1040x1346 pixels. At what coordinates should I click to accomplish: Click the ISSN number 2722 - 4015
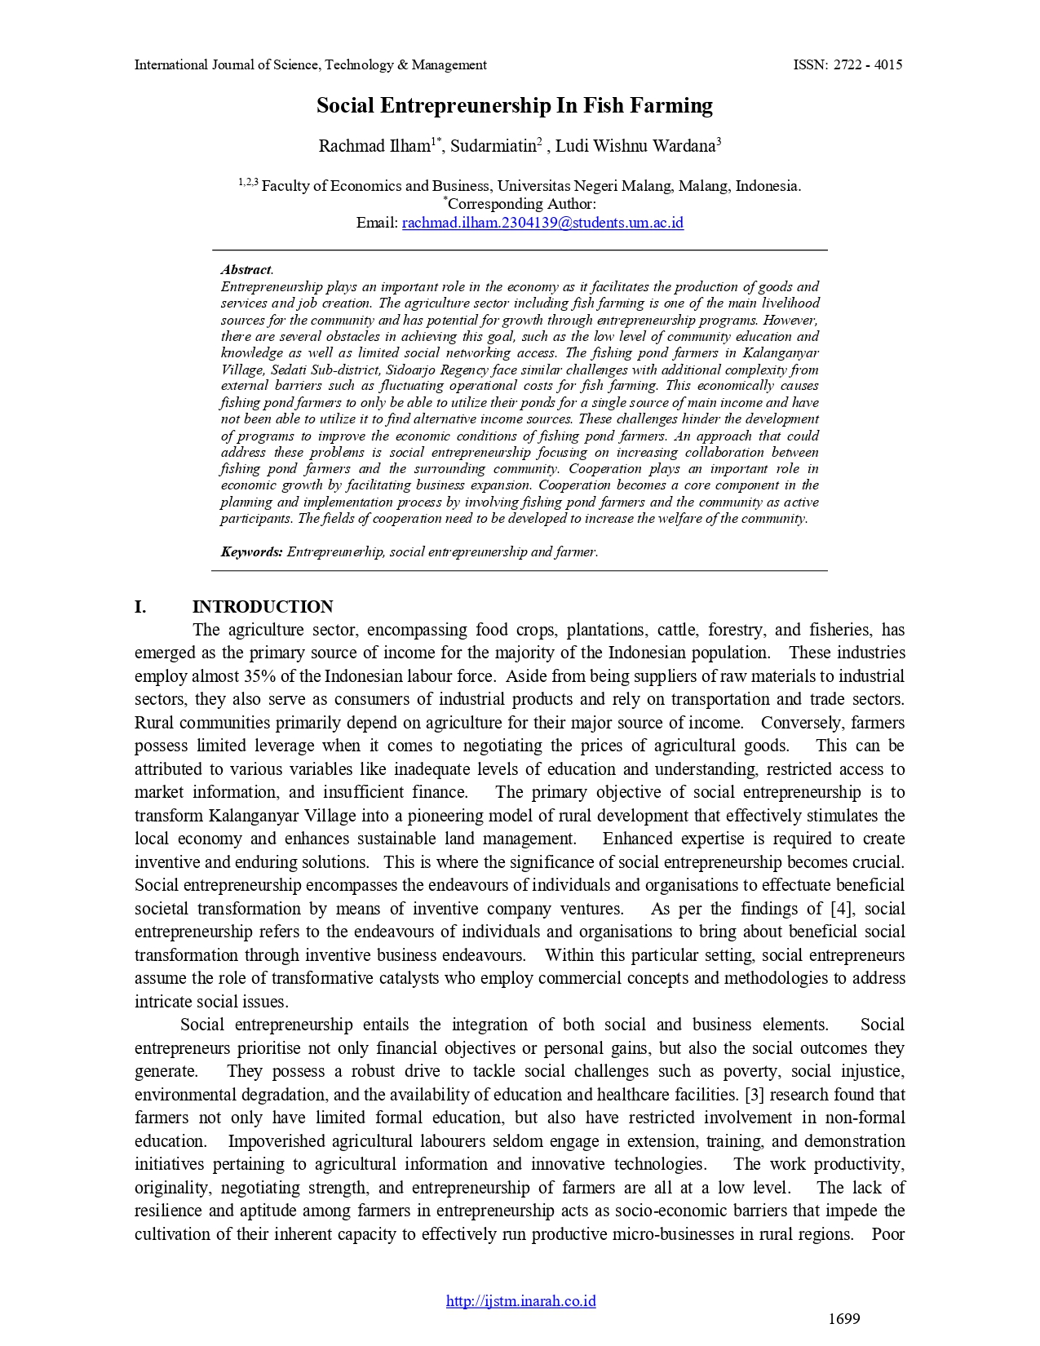pyautogui.click(x=867, y=65)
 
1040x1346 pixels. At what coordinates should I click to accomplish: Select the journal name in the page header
pyautogui.click(x=310, y=65)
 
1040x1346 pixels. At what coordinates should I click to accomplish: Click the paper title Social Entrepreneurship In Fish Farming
pyautogui.click(x=515, y=106)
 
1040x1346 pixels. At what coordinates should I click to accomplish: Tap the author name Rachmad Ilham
pyautogui.click(x=374, y=147)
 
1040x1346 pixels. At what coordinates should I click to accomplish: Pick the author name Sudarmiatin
pyautogui.click(x=493, y=147)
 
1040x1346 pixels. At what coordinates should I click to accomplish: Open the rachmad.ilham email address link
pyautogui.click(x=542, y=223)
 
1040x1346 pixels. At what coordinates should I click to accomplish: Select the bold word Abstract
pyautogui.click(x=246, y=269)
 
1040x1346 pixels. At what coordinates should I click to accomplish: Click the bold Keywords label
pyautogui.click(x=251, y=551)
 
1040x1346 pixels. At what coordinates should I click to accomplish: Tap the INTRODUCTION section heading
pyautogui.click(x=263, y=607)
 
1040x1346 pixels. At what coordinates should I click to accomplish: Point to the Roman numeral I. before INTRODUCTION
pyautogui.click(x=140, y=607)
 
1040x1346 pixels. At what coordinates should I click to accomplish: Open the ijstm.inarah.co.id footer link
pyautogui.click(x=520, y=1301)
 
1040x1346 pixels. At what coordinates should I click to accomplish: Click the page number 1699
pyautogui.click(x=844, y=1319)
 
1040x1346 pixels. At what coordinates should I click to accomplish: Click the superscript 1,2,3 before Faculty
pyautogui.click(x=248, y=182)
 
